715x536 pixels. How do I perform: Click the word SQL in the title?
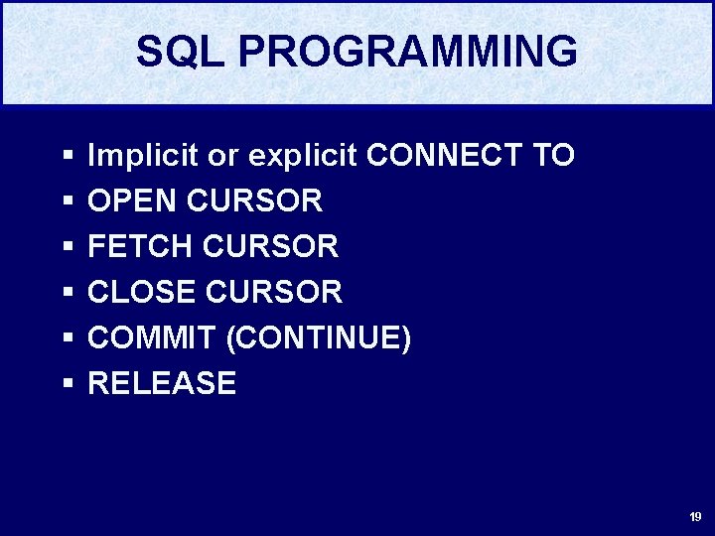[180, 52]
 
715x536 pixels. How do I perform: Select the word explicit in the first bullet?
[303, 156]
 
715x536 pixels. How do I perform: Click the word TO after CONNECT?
[551, 156]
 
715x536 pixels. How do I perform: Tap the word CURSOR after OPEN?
[254, 201]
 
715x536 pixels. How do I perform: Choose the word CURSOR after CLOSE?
[273, 292]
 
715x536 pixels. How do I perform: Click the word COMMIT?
[151, 338]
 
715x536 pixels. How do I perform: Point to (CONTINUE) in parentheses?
[319, 338]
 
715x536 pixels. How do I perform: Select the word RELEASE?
[162, 384]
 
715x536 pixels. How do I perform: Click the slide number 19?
[695, 517]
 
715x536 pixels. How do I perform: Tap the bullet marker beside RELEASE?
[68, 384]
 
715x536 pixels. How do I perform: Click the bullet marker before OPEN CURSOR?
[68, 201]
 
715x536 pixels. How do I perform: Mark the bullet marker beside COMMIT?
[68, 338]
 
